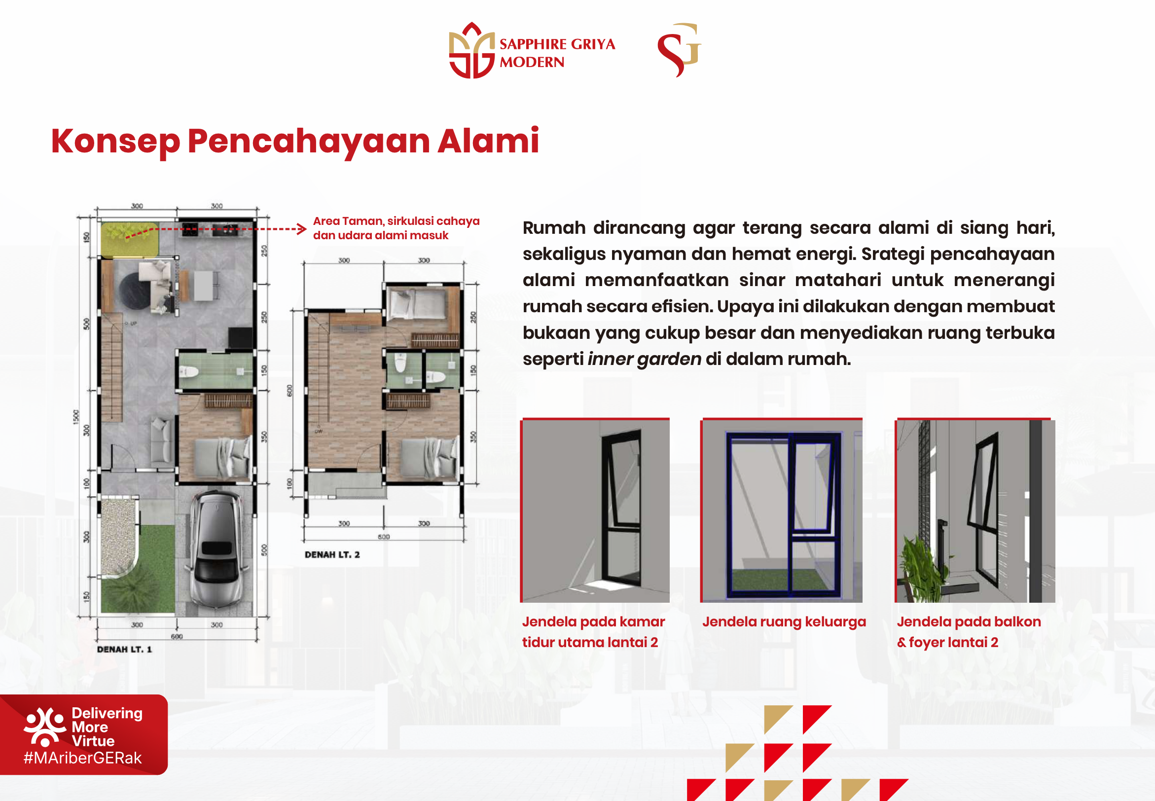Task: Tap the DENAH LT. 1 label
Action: [124, 649]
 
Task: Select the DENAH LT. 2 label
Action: [332, 554]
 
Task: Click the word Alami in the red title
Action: [488, 141]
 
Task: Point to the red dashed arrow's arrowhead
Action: [302, 229]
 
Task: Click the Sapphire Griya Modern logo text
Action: [557, 53]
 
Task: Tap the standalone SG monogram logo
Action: [680, 49]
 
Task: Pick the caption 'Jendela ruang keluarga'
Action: [784, 622]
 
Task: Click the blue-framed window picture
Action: [782, 511]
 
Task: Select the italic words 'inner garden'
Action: [644, 359]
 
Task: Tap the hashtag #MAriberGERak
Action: [83, 758]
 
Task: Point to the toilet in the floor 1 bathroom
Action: [189, 372]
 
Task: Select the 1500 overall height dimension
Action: [76, 417]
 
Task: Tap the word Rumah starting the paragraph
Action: [553, 228]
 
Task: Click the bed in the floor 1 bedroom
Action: [221, 458]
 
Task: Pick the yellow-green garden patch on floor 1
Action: [129, 239]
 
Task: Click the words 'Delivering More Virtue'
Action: [107, 727]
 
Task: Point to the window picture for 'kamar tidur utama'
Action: [596, 511]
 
